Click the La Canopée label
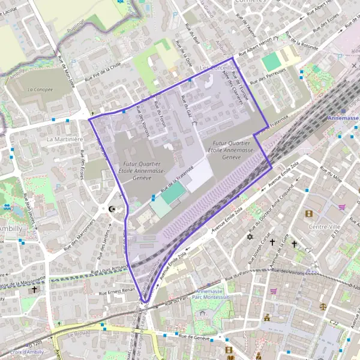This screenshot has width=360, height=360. coord(40,89)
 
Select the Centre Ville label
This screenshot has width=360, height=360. coord(325,226)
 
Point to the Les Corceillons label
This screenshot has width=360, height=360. coord(220,68)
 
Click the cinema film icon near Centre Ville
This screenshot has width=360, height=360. coord(309,214)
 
